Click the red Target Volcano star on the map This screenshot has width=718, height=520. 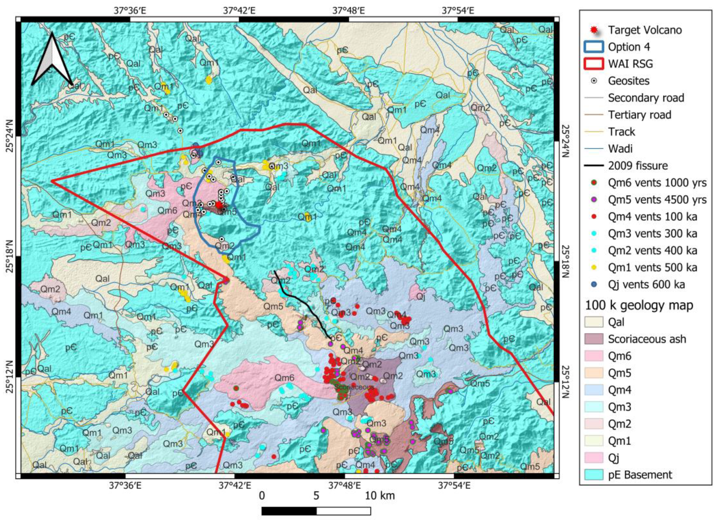tap(219, 205)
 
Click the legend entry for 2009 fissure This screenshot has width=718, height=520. tap(637, 166)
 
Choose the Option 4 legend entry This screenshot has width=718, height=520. tap(628, 47)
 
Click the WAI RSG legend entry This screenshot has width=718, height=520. tap(630, 64)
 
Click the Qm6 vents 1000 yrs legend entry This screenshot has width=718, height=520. tap(657, 183)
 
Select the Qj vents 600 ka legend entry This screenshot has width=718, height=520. tap(646, 284)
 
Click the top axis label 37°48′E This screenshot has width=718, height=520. tap(349, 11)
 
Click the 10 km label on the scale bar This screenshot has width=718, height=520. tap(380, 495)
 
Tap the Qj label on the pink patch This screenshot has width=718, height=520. tap(421, 297)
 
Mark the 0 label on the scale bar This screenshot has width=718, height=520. tap(262, 495)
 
